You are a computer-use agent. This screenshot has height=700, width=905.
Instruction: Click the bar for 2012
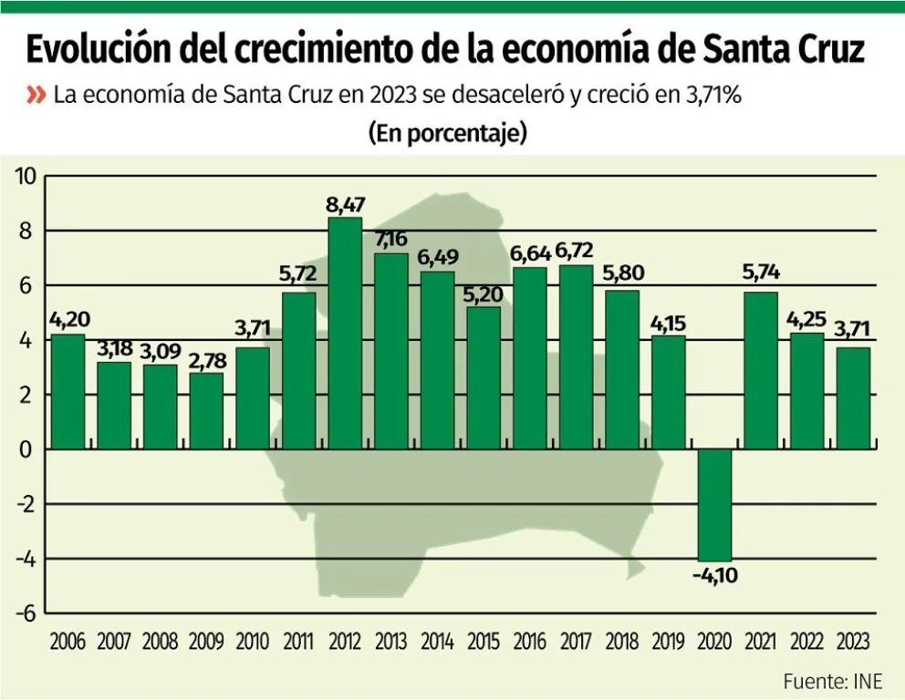point(345,333)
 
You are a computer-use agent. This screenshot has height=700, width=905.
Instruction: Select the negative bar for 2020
point(714,505)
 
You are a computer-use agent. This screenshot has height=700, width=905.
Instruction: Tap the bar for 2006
point(68,391)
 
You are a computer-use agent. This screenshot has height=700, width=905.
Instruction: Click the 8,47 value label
point(345,204)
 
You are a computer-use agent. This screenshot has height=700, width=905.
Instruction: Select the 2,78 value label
point(206,360)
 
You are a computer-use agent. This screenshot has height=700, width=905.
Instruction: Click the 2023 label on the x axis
point(853,642)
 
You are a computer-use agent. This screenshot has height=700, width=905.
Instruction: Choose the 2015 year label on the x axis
point(484,642)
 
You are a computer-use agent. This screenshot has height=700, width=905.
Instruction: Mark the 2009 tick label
point(206,642)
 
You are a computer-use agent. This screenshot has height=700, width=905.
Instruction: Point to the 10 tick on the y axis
point(25,176)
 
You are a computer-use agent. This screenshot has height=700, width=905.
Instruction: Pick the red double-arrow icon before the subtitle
point(36,95)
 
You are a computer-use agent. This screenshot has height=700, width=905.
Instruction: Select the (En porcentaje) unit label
point(448,133)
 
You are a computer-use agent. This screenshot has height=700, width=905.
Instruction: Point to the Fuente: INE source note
point(832,681)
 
